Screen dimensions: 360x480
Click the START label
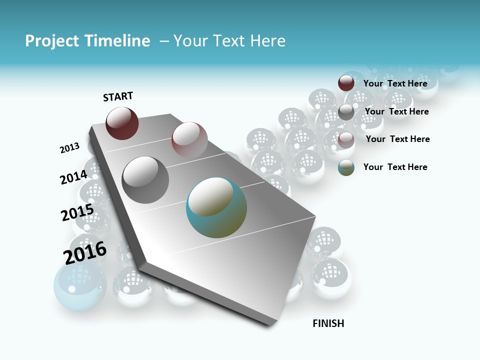118,96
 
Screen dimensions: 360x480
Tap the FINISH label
328,323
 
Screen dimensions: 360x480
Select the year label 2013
69,147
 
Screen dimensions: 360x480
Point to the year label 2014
73,177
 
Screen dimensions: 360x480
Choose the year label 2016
85,252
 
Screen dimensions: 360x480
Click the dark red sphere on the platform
122,123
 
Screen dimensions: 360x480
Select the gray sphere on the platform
145,180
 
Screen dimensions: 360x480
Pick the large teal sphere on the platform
216,207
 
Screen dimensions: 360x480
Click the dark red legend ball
346,83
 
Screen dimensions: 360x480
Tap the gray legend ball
346,111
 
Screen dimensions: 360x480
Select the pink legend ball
346,139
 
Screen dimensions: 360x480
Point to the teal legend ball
346,167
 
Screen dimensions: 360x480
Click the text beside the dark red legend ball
395,83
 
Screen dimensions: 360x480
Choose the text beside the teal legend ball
395,167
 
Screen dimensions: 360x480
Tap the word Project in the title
52,41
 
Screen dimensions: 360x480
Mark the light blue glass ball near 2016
80,286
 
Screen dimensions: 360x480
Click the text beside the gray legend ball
396,111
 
